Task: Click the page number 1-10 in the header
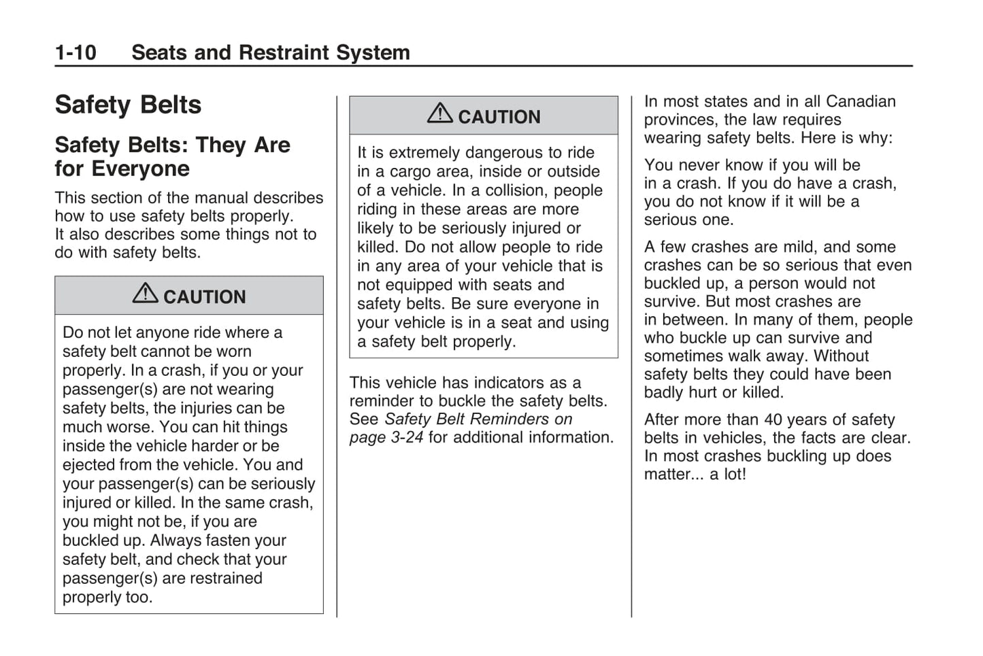76,52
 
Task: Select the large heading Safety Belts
128,105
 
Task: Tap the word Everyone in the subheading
141,169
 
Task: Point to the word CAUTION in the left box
204,297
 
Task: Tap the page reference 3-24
407,438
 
